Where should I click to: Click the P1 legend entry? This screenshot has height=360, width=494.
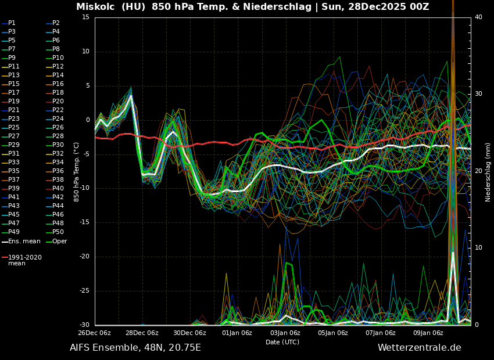pyautogui.click(x=12, y=23)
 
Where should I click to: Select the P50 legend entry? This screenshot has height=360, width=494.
pyautogui.click(x=58, y=232)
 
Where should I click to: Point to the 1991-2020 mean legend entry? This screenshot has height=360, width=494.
pyautogui.click(x=24, y=260)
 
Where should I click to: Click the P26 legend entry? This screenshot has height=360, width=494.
pyautogui.click(x=58, y=128)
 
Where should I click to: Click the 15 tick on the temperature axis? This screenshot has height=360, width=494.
pyautogui.click(x=85, y=17)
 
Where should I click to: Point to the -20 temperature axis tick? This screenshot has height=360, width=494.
pyautogui.click(x=84, y=257)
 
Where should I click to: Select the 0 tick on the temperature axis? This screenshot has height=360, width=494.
pyautogui.click(x=87, y=120)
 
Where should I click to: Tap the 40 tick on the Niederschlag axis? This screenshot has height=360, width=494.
pyautogui.click(x=478, y=17)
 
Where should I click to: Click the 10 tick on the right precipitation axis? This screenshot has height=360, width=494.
pyautogui.click(x=478, y=248)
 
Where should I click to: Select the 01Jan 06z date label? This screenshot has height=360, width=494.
pyautogui.click(x=237, y=333)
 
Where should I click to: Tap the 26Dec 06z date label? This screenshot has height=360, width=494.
pyautogui.click(x=94, y=333)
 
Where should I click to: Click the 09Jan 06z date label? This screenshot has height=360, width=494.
pyautogui.click(x=428, y=333)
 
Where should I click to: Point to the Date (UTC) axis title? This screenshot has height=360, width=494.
pyautogui.click(x=282, y=342)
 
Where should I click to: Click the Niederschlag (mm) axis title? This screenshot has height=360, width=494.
pyautogui.click(x=488, y=171)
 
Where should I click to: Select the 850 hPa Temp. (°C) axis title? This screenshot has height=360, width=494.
pyautogui.click(x=76, y=171)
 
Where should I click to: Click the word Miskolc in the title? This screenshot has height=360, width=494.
pyautogui.click(x=96, y=7)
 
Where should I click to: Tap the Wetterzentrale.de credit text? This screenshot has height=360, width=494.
pyautogui.click(x=419, y=348)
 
